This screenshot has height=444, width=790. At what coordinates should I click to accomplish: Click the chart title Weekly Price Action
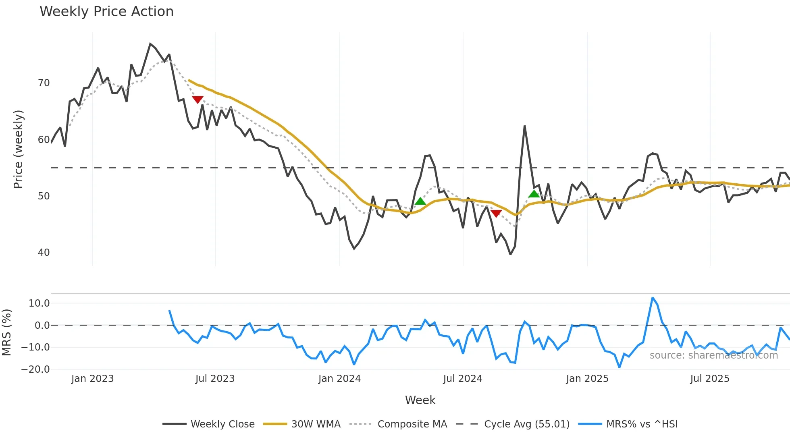pyautogui.click(x=106, y=12)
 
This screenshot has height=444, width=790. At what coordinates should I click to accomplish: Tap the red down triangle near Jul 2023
pyautogui.click(x=197, y=100)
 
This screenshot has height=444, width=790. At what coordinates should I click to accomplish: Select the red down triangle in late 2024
pyautogui.click(x=496, y=213)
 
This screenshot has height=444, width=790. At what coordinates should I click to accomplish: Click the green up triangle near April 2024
pyautogui.click(x=420, y=201)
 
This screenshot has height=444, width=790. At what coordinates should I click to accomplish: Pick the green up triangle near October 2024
pyautogui.click(x=534, y=194)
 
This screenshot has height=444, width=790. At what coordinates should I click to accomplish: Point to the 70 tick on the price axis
pyautogui.click(x=44, y=83)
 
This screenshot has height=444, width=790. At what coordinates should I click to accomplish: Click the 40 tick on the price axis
pyautogui.click(x=44, y=253)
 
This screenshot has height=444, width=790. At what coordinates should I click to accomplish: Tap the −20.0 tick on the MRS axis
pyautogui.click(x=35, y=369)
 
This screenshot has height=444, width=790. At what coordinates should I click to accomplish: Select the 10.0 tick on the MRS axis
pyautogui.click(x=39, y=303)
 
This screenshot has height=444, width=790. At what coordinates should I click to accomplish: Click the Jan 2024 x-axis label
pyautogui.click(x=339, y=379)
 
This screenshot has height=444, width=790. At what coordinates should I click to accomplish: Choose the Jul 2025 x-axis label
pyautogui.click(x=710, y=379)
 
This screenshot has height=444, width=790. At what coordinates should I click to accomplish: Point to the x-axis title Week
pyautogui.click(x=420, y=400)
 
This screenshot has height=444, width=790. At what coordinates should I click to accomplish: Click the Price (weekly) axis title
pyautogui.click(x=19, y=149)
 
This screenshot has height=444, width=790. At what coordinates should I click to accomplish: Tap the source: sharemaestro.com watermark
pyautogui.click(x=713, y=355)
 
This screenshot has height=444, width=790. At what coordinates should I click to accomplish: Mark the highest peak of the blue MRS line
pyautogui.click(x=653, y=298)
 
